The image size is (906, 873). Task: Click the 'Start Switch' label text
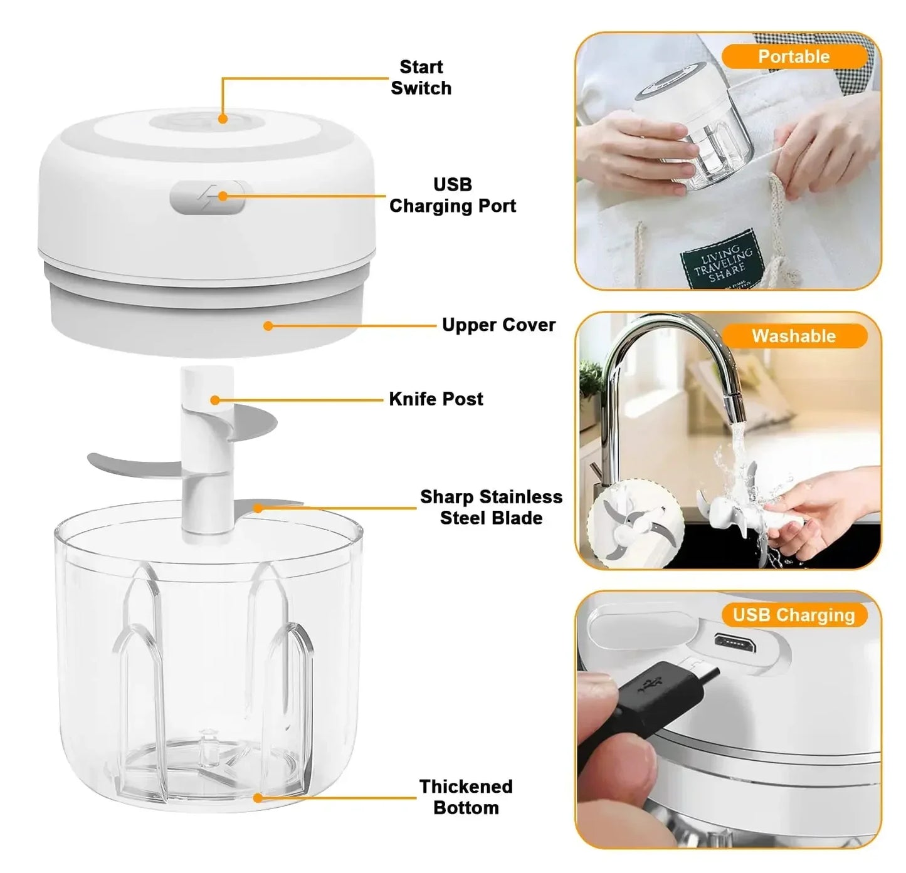pyautogui.click(x=421, y=78)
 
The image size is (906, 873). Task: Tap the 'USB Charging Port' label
pyautogui.click(x=452, y=195)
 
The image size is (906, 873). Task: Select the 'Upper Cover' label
pyautogui.click(x=498, y=325)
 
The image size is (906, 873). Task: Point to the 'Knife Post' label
pyautogui.click(x=436, y=399)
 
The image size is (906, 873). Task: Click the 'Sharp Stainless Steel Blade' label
pyautogui.click(x=491, y=507)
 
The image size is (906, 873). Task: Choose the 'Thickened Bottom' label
pyautogui.click(x=466, y=797)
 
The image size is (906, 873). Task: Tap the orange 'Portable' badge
pyautogui.click(x=793, y=56)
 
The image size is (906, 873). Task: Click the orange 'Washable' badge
pyautogui.click(x=793, y=336)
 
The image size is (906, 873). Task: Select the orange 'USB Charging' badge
pyautogui.click(x=793, y=615)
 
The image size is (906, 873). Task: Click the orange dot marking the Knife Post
pyautogui.click(x=215, y=400)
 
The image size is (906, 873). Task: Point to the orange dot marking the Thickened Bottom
pyautogui.click(x=258, y=798)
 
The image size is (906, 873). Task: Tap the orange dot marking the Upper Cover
pyautogui.click(x=268, y=326)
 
